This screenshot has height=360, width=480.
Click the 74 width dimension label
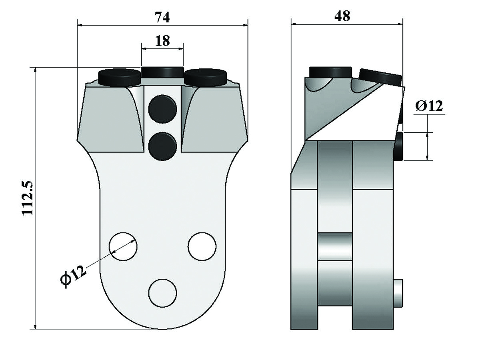[162, 17]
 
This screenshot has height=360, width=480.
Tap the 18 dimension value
[162, 41]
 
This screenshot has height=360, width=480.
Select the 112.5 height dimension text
[28, 198]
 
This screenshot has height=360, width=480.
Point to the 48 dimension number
[342, 16]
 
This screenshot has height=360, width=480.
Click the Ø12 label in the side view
[429, 106]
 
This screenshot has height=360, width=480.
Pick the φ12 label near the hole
[73, 276]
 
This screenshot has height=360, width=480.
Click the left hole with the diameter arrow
[123, 246]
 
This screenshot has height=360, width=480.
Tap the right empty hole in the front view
[202, 246]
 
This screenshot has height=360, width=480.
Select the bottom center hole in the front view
[162, 293]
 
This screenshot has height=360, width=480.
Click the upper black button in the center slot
[162, 109]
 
